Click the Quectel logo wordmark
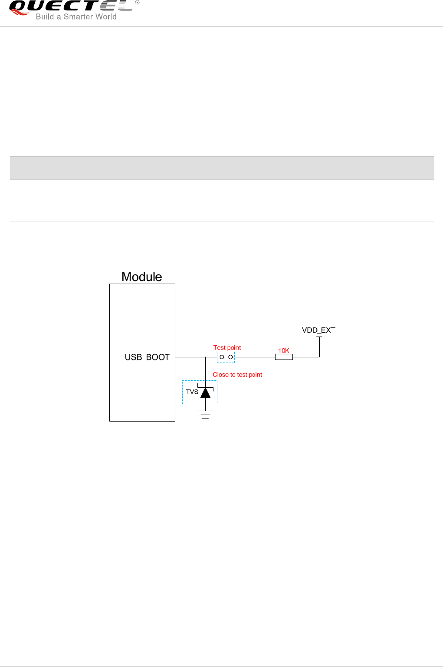pos(69,6)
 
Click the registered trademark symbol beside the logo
pos(137,3)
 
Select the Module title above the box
pos(141,277)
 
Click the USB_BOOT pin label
pos(147,357)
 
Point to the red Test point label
pos(227,348)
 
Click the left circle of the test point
pos(222,357)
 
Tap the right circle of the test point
pos(231,357)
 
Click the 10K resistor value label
pos(283,350)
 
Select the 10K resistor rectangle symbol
pos(284,357)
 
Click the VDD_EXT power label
pos(318,330)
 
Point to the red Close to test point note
pos(237,375)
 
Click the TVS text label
pos(192,392)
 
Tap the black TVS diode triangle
pos(205,392)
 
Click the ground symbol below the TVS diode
pos(205,414)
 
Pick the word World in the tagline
pos(105,17)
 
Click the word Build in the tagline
pos(45,17)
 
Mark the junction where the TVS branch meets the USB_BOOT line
pos(205,357)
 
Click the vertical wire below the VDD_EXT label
pos(319,347)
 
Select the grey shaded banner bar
pos(222,168)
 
